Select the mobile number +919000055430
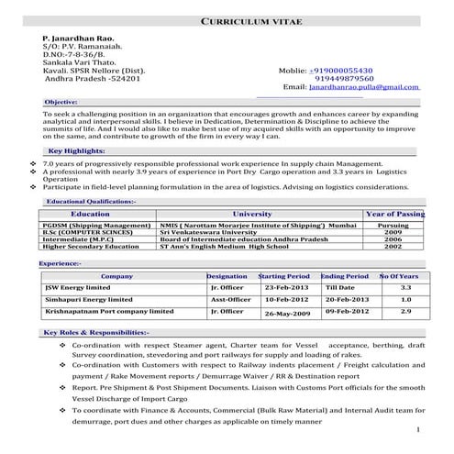coord(341,69)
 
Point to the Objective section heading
coord(61,101)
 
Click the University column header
coord(253,213)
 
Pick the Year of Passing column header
coord(394,213)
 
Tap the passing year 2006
coord(393,239)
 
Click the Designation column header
coord(227,275)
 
